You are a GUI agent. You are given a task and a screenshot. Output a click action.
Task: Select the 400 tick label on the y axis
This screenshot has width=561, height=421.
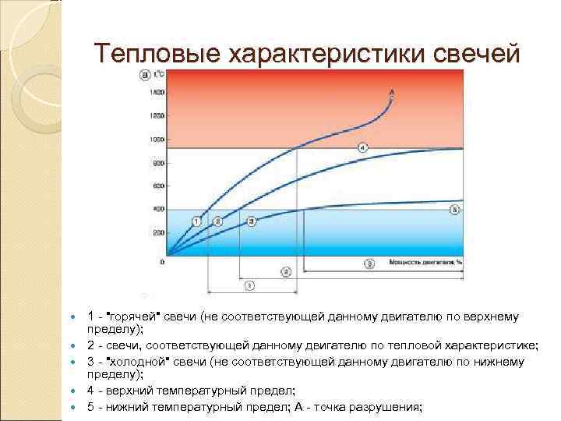coord(158,209)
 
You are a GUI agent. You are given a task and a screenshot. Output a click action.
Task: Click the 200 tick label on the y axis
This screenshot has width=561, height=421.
coord(158,232)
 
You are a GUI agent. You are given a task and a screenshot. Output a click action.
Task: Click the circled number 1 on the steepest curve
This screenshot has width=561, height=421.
coord(197,222)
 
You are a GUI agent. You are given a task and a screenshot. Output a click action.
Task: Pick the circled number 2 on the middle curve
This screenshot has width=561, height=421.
coord(218,222)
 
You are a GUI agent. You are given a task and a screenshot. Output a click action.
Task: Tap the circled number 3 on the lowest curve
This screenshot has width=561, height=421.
coord(251,222)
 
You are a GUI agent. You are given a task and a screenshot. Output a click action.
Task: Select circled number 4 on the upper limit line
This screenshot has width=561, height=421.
coord(362,147)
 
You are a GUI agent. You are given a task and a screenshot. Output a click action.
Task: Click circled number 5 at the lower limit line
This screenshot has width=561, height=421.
coord(455,210)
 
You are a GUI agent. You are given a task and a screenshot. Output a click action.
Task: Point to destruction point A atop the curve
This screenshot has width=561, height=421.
coord(391,94)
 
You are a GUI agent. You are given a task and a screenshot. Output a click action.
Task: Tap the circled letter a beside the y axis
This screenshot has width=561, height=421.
coord(145,75)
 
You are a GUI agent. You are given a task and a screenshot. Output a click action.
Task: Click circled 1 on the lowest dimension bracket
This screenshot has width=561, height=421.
coord(249,286)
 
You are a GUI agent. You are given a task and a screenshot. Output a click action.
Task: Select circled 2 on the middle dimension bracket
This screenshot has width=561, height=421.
coord(286,271)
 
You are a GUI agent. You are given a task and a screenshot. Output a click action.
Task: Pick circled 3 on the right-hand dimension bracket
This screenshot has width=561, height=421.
coord(369,264)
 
